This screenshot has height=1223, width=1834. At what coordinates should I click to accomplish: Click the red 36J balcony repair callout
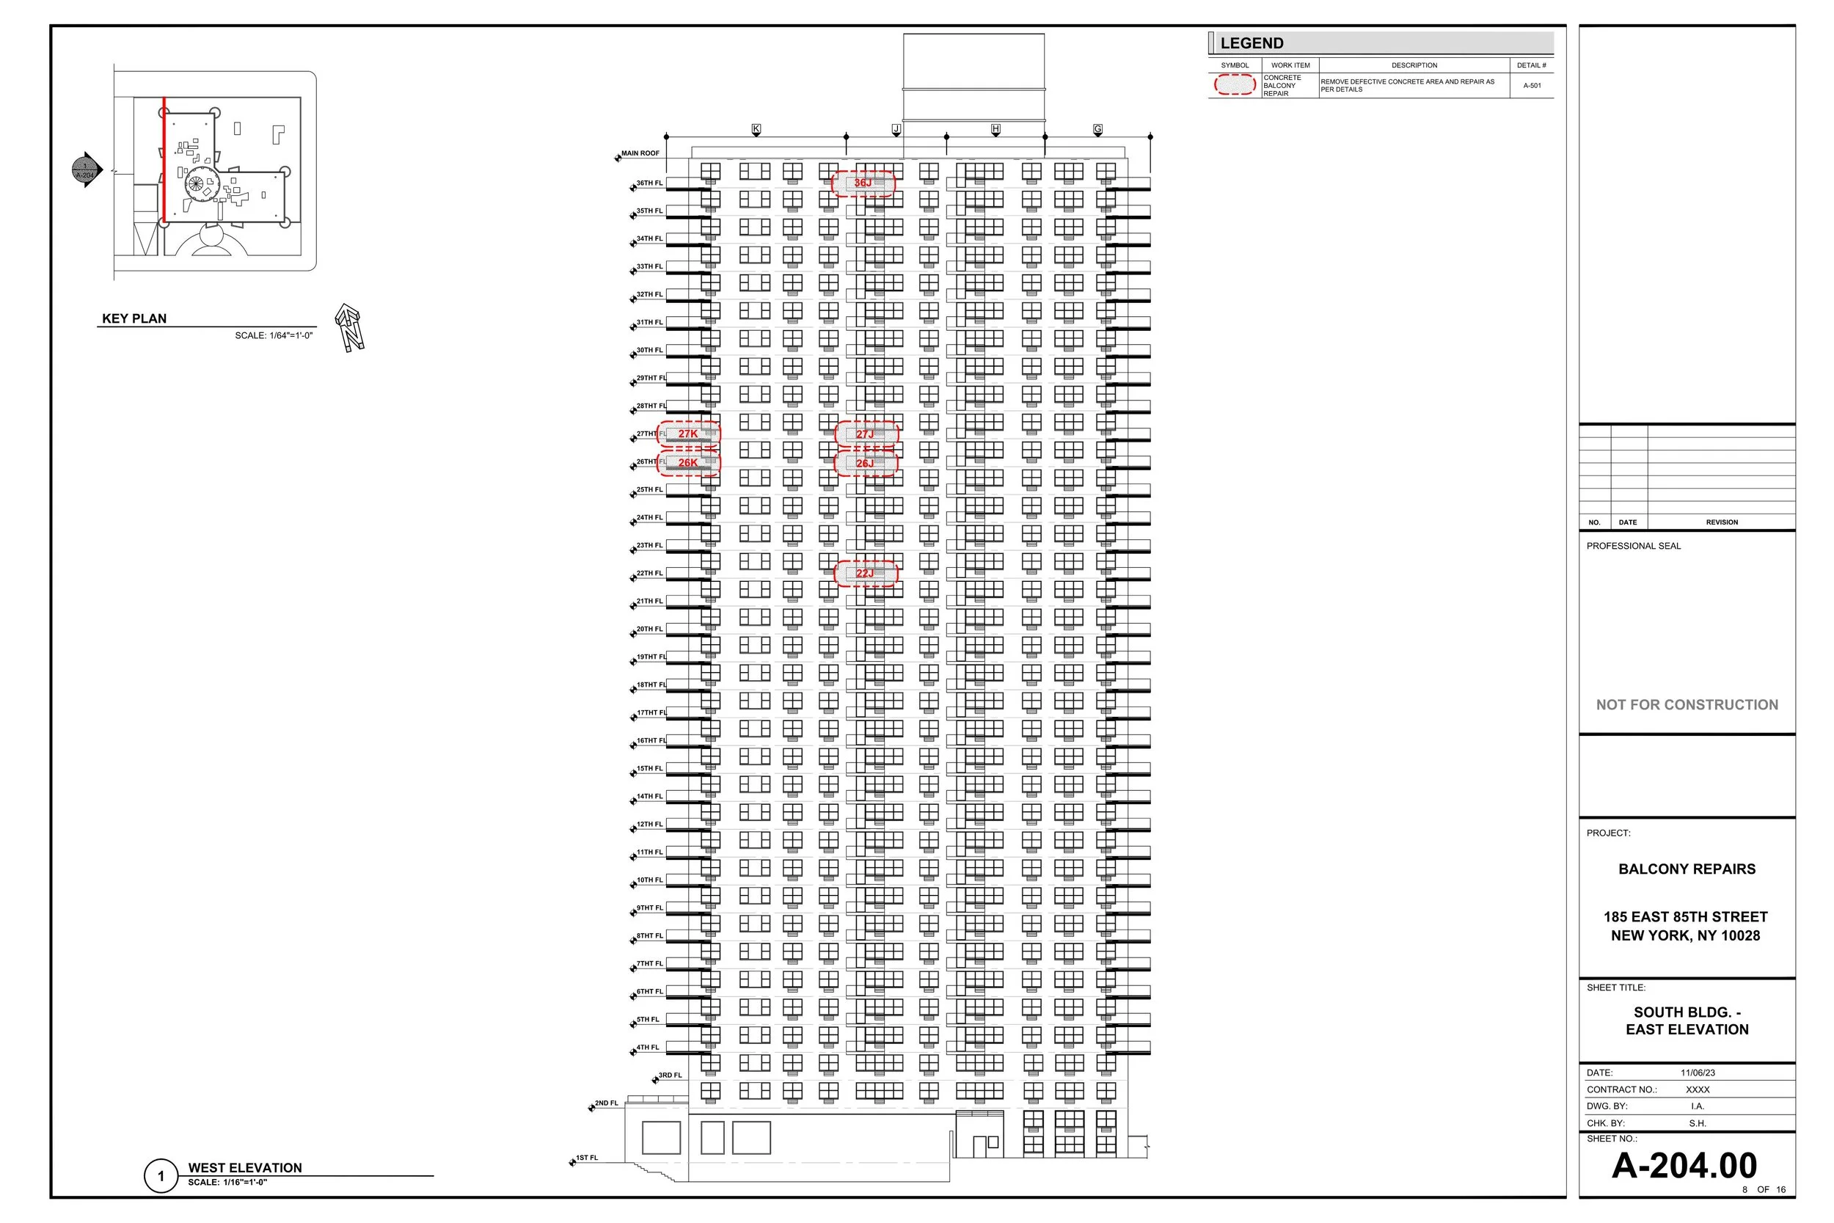[x=863, y=183]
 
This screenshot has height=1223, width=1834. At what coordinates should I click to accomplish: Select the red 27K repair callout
[x=688, y=434]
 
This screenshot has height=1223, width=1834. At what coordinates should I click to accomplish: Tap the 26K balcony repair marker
[x=688, y=462]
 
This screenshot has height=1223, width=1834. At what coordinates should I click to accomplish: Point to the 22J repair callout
[x=866, y=573]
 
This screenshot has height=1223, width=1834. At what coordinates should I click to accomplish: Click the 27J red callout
[x=866, y=434]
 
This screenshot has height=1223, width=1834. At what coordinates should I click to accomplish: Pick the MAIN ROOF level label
[x=640, y=153]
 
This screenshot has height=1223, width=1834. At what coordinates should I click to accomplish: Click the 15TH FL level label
[x=649, y=769]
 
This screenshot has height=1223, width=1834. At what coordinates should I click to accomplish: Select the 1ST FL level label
[x=586, y=1158]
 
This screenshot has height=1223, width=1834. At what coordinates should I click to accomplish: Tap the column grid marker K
[x=756, y=128]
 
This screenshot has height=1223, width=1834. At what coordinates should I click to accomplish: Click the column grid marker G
[x=1098, y=128]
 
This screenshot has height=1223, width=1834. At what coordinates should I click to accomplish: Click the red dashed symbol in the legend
[x=1235, y=85]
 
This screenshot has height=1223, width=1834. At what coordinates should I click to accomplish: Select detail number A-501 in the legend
[x=1532, y=86]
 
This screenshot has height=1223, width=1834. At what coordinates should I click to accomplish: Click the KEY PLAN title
[x=134, y=318]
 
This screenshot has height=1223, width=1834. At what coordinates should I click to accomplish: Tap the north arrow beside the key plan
[x=349, y=328]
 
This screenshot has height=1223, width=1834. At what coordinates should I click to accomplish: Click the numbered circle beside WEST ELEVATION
[x=161, y=1176]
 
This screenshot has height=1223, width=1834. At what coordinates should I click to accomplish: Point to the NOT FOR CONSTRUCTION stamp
[x=1687, y=705]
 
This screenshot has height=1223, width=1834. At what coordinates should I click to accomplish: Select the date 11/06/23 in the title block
[x=1698, y=1073]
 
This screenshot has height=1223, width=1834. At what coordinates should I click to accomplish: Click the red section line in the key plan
[x=164, y=160]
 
